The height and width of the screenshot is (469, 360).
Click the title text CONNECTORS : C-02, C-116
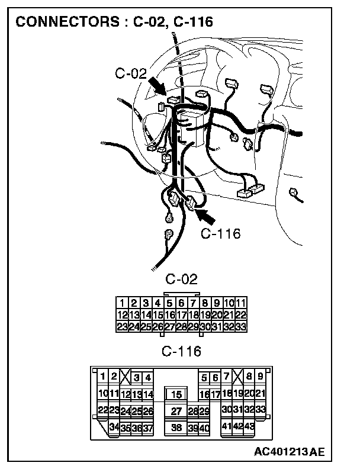tap(114, 23)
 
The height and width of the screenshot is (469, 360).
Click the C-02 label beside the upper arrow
tap(131, 73)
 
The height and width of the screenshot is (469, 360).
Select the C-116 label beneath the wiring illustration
tap(220, 234)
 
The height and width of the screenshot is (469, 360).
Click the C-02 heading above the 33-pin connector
tap(181, 280)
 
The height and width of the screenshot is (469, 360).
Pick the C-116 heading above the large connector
tap(181, 352)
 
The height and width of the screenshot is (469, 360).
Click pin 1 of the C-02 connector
tap(123, 303)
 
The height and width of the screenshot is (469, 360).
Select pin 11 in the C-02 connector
tap(240, 303)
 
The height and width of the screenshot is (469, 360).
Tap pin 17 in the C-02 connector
tap(181, 314)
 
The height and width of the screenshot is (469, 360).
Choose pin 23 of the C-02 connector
tap(123, 326)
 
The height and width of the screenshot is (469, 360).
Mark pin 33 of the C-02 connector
tap(240, 326)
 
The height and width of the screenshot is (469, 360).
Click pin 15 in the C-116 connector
tap(176, 394)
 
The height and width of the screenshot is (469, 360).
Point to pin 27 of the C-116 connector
tap(176, 411)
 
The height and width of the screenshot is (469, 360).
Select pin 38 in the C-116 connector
tap(176, 428)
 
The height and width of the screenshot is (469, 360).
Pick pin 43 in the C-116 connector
tap(249, 426)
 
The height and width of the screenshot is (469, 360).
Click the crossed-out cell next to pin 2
tap(124, 377)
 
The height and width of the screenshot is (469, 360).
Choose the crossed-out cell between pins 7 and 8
tap(237, 377)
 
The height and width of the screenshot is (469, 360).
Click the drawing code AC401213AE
tap(290, 452)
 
